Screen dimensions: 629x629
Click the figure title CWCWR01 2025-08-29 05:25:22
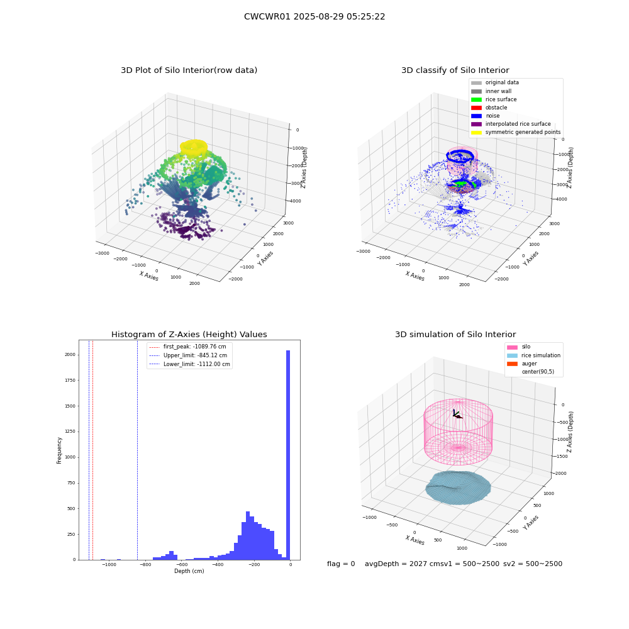tap(314, 16)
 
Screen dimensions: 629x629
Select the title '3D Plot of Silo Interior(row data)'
tap(189, 70)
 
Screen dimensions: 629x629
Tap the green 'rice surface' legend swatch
tap(476, 99)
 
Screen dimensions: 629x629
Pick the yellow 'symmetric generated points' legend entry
tap(516, 132)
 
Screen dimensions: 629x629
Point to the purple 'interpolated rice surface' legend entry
tap(511, 124)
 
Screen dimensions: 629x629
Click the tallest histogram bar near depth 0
tap(288, 455)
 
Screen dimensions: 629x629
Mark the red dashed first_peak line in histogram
tap(92, 450)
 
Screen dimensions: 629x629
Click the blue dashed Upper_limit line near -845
tap(138, 450)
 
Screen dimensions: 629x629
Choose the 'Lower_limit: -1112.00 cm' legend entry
tap(189, 364)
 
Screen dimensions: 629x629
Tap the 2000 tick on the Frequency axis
tap(70, 355)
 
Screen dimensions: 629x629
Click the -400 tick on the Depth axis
tap(218, 564)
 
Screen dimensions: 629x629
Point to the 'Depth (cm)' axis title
tap(189, 571)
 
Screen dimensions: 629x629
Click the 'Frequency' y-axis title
tap(59, 450)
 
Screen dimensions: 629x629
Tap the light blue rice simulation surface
tap(458, 488)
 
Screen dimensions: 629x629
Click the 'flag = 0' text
tap(341, 564)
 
